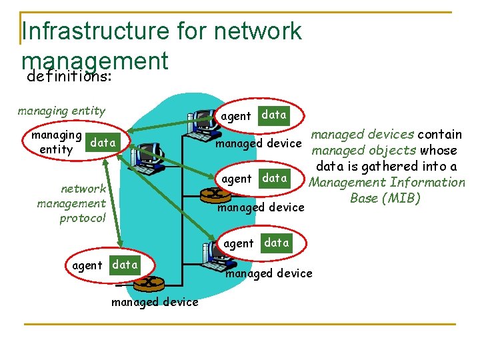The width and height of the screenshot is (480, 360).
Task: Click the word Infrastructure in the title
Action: (95, 31)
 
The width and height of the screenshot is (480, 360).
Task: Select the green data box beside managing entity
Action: (103, 143)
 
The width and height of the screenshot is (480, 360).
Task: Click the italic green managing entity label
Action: (61, 111)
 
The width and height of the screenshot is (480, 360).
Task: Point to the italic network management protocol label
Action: (72, 203)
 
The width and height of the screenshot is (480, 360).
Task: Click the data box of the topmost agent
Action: (273, 115)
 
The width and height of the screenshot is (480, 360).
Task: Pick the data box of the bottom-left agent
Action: (125, 265)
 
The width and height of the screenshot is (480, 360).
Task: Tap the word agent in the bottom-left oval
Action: (87, 265)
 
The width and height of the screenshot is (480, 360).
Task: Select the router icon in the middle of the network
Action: (217, 194)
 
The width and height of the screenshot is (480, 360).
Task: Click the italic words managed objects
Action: (364, 151)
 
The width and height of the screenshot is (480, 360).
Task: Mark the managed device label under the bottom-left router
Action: (155, 302)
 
